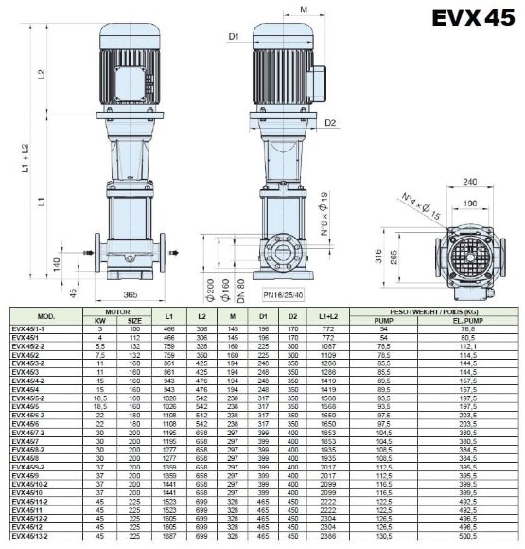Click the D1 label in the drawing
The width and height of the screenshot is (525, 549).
coord(234,39)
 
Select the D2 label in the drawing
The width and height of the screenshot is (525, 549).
coord(331,122)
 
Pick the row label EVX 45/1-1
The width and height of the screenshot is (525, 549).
coord(28,328)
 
